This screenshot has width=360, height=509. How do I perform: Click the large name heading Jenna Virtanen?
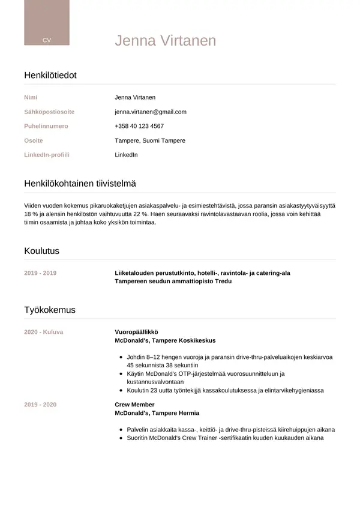[x=165, y=41]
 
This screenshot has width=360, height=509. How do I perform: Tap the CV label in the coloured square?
[x=47, y=40]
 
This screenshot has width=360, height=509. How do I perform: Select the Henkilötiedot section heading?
[x=50, y=75]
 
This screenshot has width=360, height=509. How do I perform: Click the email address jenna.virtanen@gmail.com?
[x=151, y=112]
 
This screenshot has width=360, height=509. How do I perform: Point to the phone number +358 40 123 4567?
[x=139, y=126]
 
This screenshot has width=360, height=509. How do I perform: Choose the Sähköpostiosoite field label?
[x=49, y=112]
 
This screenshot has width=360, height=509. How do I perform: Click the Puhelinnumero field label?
[x=46, y=126]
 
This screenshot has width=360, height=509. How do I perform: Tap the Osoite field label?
[x=34, y=140]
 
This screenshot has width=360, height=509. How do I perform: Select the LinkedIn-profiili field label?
[x=47, y=155]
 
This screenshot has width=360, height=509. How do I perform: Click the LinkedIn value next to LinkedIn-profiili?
[x=126, y=155]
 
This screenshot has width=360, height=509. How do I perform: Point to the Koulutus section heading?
[x=41, y=251]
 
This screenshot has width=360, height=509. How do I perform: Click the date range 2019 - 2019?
[x=40, y=273]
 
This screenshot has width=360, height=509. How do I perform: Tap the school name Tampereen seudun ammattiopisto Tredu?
[x=173, y=281]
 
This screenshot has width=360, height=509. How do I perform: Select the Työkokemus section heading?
[x=50, y=310]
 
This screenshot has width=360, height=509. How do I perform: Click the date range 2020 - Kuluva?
[x=43, y=332]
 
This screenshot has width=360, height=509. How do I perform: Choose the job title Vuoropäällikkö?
[x=136, y=332]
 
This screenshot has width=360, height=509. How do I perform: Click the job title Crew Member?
[x=134, y=405]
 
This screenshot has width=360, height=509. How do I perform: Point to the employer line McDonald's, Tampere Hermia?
[x=157, y=413]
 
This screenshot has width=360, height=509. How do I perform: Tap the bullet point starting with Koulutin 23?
[x=225, y=390]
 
